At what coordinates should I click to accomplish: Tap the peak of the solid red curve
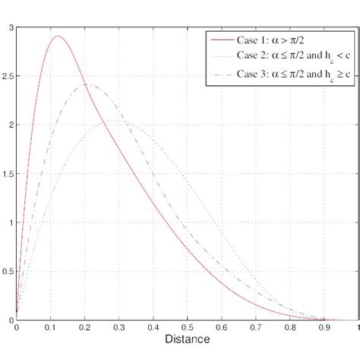tap(58, 36)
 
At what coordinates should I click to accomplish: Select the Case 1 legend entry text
tap(282, 39)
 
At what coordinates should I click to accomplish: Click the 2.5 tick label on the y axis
tap(8, 76)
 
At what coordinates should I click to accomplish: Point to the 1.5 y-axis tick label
tap(8, 174)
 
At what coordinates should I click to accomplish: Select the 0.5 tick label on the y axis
tap(8, 271)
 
